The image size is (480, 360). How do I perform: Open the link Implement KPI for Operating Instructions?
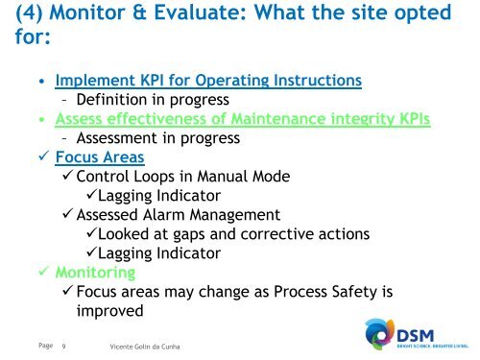pos(208,81)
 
